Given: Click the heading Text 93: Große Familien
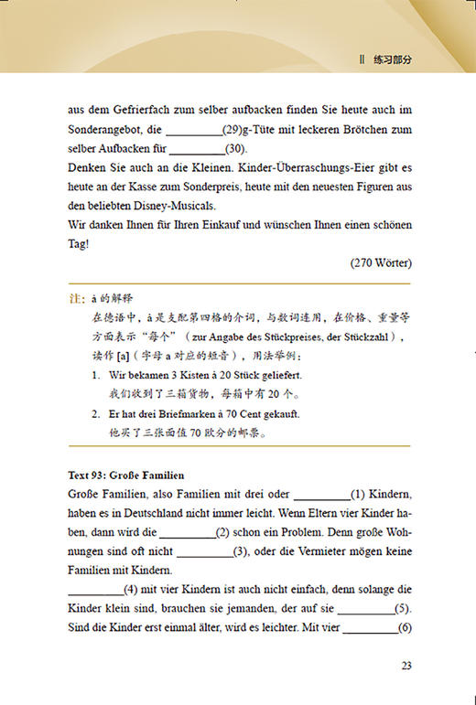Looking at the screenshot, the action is [x=126, y=475].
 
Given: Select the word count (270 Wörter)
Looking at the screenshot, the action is [x=380, y=262].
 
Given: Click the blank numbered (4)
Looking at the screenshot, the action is [x=95, y=591].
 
